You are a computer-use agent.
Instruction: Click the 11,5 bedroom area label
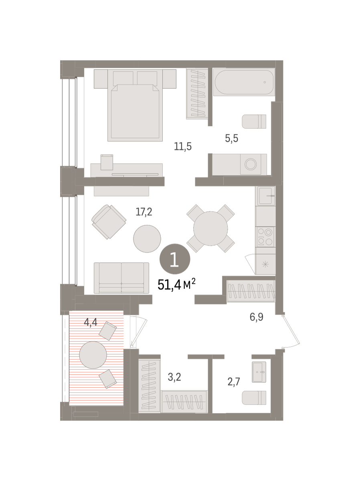point(182,146)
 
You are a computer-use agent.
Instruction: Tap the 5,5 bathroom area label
point(231,138)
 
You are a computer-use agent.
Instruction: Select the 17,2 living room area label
point(144,212)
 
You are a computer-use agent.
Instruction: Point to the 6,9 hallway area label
point(256,317)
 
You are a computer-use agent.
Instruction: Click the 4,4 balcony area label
point(91,322)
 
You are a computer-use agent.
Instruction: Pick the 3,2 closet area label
point(174,377)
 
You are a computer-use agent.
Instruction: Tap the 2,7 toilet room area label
point(234,382)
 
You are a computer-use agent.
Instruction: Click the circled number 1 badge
point(175,259)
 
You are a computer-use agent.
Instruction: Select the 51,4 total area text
point(176,285)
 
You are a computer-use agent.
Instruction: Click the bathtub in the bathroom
point(244,82)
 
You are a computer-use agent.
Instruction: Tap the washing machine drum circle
point(251,164)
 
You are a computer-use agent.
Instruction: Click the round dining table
point(210,228)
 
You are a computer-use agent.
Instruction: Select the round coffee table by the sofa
point(147,238)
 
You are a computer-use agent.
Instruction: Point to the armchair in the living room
point(109,222)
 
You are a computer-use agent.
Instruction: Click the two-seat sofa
point(121,278)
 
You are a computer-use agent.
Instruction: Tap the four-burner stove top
point(265,237)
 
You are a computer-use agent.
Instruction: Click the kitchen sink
point(266,196)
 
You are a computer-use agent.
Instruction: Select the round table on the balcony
point(93,355)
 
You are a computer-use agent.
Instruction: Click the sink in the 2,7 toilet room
point(259,372)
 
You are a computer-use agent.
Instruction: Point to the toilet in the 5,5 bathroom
point(254,121)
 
